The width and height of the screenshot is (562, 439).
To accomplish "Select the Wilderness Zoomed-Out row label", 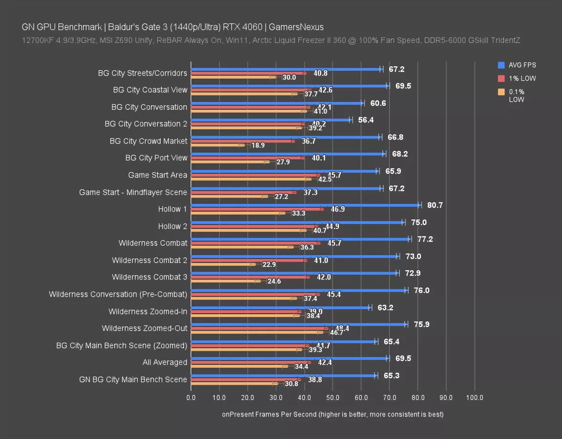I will (145, 328).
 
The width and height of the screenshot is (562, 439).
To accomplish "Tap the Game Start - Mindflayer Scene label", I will (133, 192).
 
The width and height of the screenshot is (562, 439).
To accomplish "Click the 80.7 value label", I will (435, 205).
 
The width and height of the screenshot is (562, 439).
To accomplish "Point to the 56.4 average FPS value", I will (366, 120).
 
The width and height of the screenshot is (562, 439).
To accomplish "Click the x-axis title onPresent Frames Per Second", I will (333, 415).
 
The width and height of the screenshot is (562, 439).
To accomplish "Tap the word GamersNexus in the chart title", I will (298, 27).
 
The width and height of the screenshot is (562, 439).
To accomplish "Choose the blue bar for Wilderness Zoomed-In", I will (280, 307).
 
